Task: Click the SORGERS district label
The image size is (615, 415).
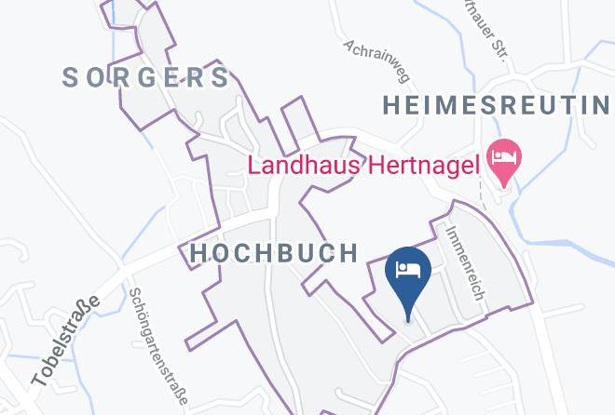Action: tap(146, 77)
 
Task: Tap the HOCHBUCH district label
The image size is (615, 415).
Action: tap(274, 252)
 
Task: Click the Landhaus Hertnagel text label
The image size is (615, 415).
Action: tap(362, 167)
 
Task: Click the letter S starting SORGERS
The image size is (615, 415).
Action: tap(71, 77)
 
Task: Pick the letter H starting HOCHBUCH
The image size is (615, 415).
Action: tap(198, 252)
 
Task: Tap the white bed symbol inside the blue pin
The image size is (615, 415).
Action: tap(408, 269)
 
